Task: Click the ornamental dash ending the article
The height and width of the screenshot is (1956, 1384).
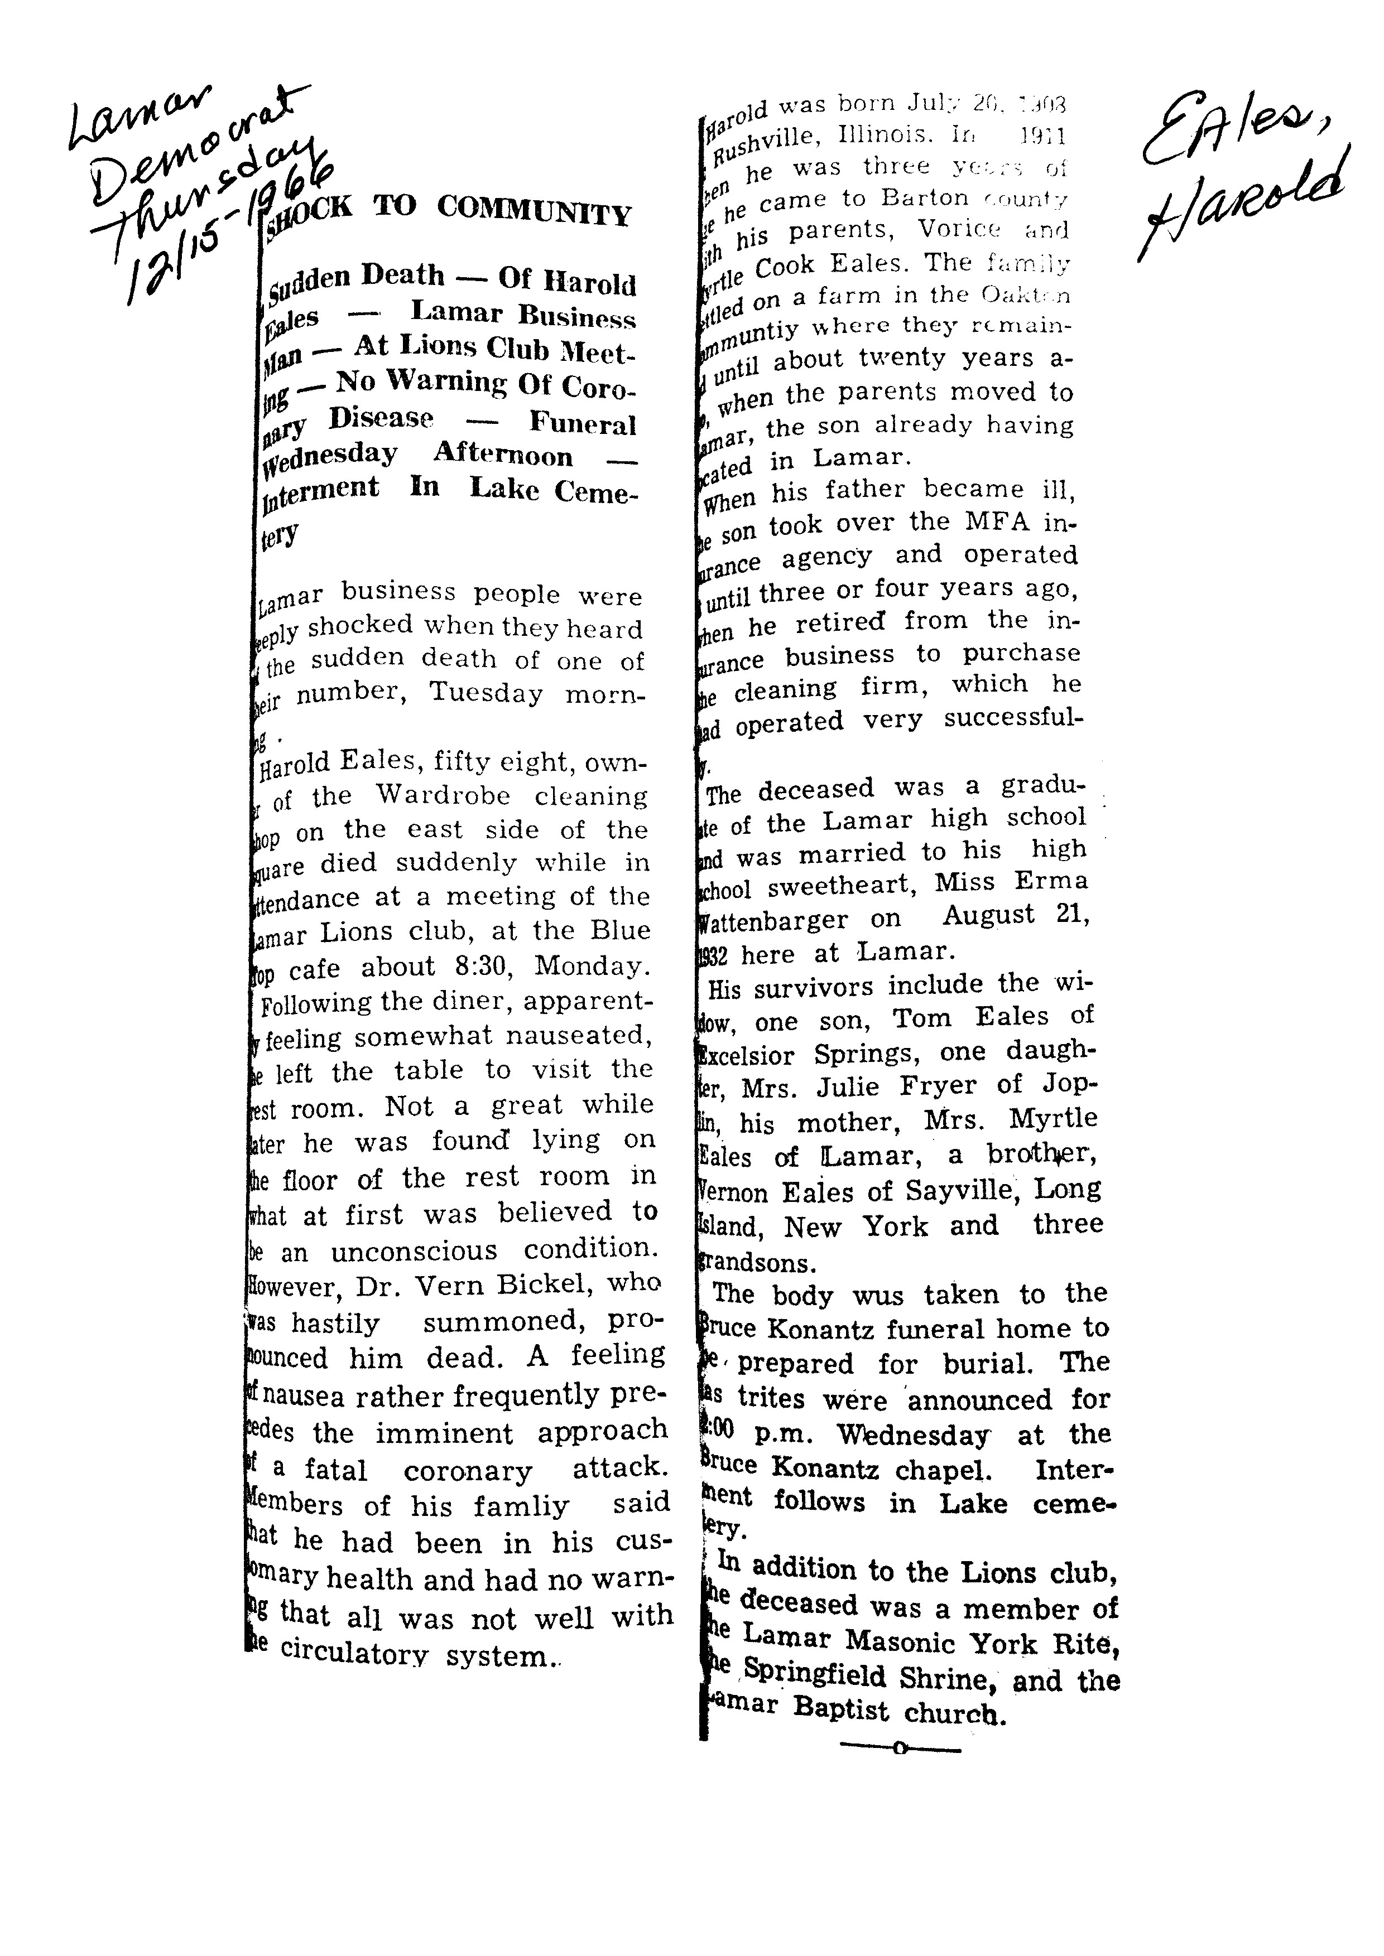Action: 900,1749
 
